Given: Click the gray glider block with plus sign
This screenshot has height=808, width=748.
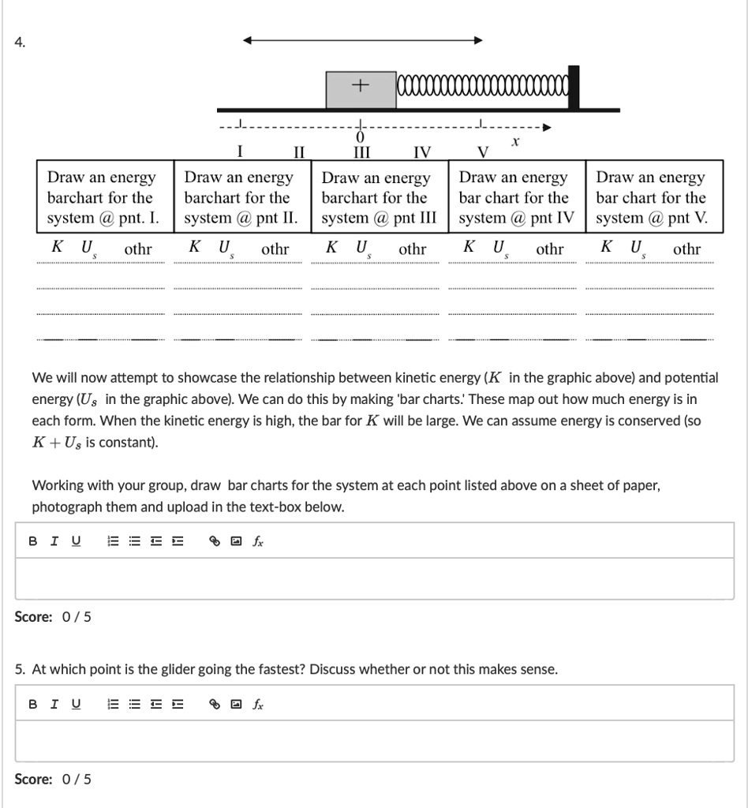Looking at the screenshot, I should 361,89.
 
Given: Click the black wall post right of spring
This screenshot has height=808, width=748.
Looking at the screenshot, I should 574,88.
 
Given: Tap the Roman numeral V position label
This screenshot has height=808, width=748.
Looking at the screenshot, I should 484,151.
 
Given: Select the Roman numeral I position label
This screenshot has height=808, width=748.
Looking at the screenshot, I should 240,151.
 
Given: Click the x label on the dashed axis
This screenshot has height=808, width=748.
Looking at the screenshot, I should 515,142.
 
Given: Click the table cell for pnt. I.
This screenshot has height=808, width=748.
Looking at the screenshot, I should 105,197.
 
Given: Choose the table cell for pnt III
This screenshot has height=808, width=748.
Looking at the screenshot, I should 379,197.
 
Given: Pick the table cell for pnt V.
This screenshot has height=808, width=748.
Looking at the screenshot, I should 653,197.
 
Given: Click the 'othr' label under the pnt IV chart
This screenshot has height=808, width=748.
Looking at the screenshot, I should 550,249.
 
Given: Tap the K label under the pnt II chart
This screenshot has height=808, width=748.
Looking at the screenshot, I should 194,247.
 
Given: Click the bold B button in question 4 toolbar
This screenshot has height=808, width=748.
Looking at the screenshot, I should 32,541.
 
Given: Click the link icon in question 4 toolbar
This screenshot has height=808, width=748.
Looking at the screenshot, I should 213,541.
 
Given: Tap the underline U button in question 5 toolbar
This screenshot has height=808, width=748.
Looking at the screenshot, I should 76,704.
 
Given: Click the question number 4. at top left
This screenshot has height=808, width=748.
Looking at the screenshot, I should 20,43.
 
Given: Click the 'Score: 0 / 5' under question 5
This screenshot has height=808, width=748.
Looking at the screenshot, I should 53,779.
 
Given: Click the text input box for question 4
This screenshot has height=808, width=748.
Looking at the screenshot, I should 375,578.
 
